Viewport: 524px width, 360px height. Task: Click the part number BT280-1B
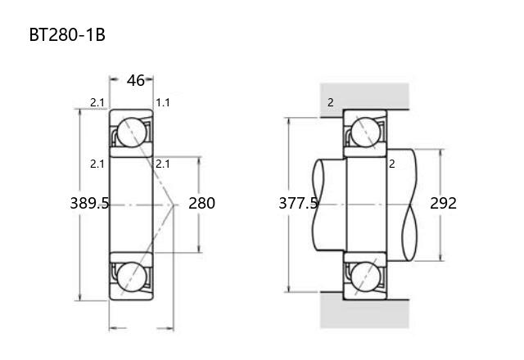[67, 34]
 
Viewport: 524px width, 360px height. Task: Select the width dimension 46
[136, 80]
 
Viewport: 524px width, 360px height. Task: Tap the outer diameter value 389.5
[89, 203]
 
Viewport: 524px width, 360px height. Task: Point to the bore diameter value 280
[201, 203]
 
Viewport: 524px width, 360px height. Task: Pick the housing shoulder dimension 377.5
[298, 203]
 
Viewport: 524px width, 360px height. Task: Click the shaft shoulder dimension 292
[443, 203]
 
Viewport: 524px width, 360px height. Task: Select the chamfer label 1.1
[163, 102]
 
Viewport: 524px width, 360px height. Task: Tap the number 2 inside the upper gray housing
[331, 102]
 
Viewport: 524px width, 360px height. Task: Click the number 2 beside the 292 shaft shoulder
[392, 164]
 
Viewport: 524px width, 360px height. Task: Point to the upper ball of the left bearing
[132, 133]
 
